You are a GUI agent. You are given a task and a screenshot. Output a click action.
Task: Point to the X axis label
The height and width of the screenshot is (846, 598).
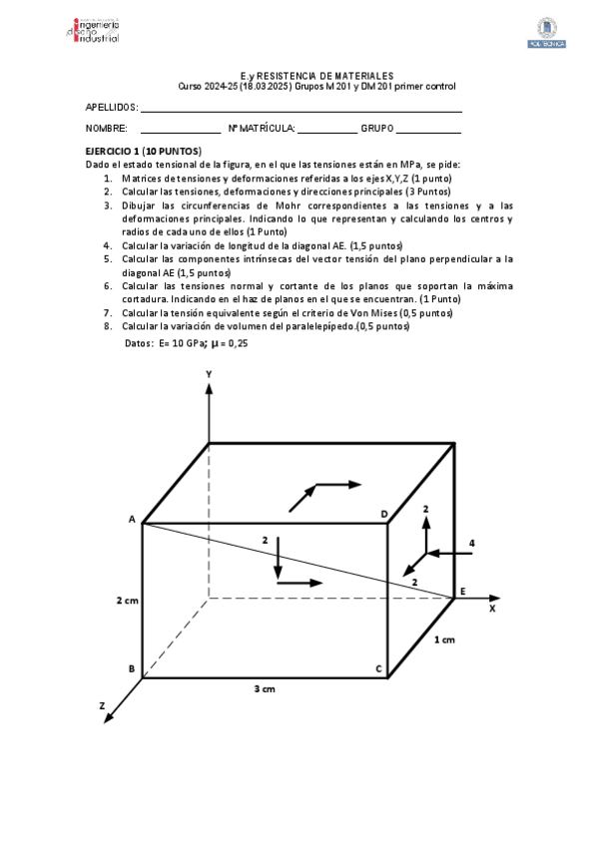point(491,606)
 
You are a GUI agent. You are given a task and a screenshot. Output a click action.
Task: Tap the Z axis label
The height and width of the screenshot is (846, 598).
point(102,705)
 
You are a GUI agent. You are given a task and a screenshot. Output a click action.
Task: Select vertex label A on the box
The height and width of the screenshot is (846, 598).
point(132,520)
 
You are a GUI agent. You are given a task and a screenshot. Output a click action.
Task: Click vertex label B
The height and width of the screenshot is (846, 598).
point(132,668)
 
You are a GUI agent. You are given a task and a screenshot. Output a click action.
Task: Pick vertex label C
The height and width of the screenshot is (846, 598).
point(378,668)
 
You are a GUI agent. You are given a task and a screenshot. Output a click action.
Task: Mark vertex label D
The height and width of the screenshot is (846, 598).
point(384,514)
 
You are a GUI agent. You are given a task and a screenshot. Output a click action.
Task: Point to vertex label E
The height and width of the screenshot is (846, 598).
point(461,593)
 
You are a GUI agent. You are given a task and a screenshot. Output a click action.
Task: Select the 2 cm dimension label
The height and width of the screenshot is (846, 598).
point(127,600)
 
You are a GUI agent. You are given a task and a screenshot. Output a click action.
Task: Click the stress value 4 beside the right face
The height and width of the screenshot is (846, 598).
point(471,543)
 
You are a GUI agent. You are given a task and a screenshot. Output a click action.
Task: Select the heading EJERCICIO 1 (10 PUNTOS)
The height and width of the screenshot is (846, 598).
point(144,150)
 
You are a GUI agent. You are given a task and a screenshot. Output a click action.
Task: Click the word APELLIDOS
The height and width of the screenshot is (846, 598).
point(111,106)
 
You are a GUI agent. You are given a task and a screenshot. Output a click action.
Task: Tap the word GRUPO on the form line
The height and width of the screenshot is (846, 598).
point(377,129)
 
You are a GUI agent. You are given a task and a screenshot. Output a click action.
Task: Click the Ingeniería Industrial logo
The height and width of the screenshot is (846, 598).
point(91,29)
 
